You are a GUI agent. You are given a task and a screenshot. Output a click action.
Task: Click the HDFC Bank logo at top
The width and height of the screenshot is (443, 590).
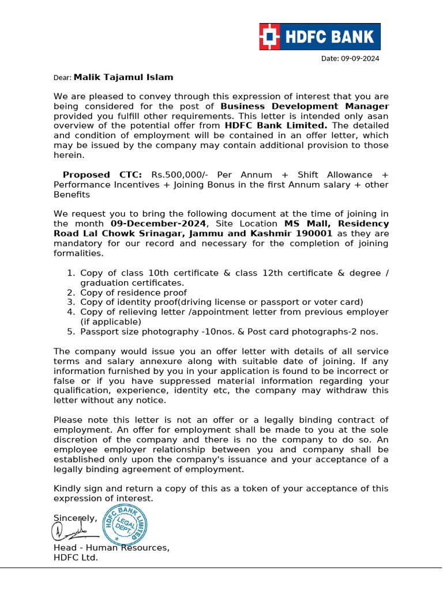(x=320, y=37)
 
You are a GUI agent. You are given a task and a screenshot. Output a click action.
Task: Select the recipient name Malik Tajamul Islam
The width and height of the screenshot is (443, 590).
(x=123, y=77)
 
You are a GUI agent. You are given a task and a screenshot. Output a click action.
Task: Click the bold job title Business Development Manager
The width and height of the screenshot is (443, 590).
(x=305, y=106)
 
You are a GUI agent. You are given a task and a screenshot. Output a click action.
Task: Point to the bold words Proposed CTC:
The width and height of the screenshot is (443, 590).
(x=103, y=175)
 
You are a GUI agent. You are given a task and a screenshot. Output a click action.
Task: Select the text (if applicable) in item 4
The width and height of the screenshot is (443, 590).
(x=110, y=322)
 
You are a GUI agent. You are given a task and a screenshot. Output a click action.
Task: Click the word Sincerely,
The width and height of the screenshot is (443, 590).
(x=76, y=518)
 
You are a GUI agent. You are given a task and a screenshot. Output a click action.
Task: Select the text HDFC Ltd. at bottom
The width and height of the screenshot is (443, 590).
(x=76, y=557)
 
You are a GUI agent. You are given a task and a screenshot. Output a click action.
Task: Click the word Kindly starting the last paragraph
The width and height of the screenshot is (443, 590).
(x=68, y=489)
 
